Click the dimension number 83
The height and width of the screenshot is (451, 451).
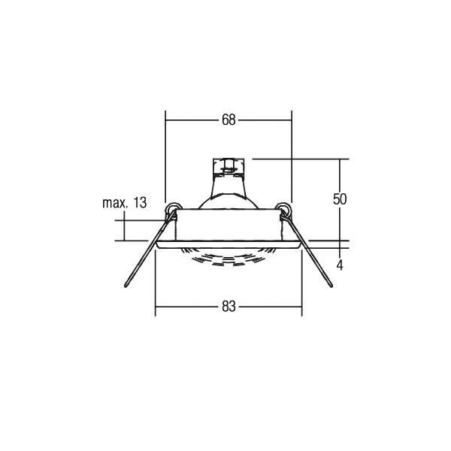(229, 307)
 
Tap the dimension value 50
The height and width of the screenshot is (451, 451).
(340, 199)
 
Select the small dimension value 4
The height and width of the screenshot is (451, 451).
(340, 265)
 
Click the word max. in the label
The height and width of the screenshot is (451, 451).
(114, 203)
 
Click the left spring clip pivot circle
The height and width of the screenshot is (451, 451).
(172, 208)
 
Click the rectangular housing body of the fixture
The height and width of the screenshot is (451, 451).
(229, 225)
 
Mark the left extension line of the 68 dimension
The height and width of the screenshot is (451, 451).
(165, 150)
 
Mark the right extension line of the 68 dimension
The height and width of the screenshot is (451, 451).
(291, 150)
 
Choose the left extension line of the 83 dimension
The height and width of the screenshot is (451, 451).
(155, 286)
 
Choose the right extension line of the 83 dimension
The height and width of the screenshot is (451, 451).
(302, 286)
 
